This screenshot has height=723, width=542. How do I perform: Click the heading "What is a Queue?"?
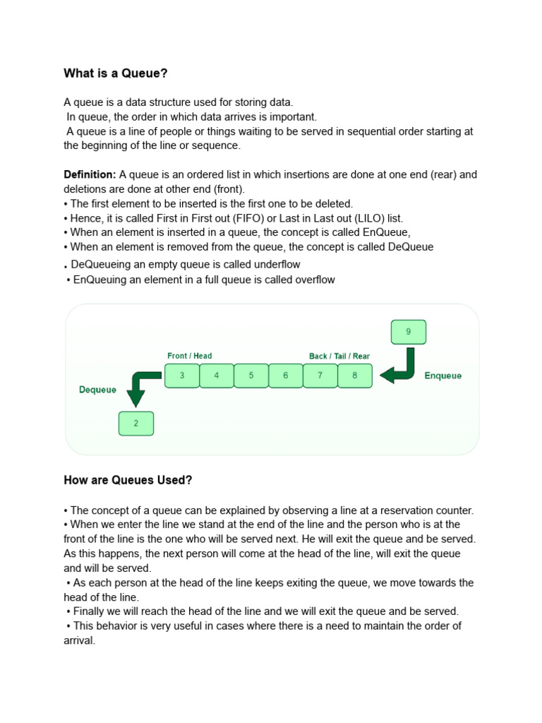[x=116, y=73]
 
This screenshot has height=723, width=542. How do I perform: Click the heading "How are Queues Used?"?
[x=128, y=480]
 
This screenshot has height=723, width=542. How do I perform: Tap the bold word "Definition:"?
[x=90, y=174]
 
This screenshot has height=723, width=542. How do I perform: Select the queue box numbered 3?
[x=182, y=376]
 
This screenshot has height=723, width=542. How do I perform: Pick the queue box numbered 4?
[x=217, y=376]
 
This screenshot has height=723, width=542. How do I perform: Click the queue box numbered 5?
[x=251, y=376]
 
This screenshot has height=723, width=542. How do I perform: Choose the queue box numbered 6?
[x=286, y=376]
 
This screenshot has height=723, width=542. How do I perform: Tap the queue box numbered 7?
[x=320, y=376]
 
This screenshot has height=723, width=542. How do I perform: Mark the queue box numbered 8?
[x=355, y=376]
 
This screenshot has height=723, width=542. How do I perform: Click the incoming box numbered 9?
[x=408, y=332]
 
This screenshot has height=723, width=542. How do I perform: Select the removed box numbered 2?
[x=136, y=424]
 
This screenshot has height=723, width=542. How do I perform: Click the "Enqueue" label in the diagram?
[x=443, y=376]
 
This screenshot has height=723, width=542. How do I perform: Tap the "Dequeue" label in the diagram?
[x=97, y=390]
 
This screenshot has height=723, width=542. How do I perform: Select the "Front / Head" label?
[x=189, y=356]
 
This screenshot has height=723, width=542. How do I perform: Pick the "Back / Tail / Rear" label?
[x=339, y=356]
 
